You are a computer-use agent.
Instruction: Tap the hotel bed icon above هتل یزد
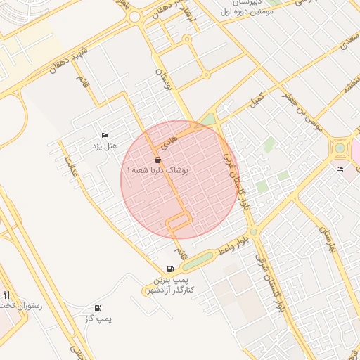coord(105,135)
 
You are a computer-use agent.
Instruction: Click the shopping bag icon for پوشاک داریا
coord(157,160)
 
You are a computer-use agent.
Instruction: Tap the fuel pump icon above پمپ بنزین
coord(170,269)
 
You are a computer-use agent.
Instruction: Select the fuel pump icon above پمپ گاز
coord(97,309)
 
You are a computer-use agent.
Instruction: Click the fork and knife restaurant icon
coord(7,295)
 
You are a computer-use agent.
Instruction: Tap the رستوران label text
coord(17,307)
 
